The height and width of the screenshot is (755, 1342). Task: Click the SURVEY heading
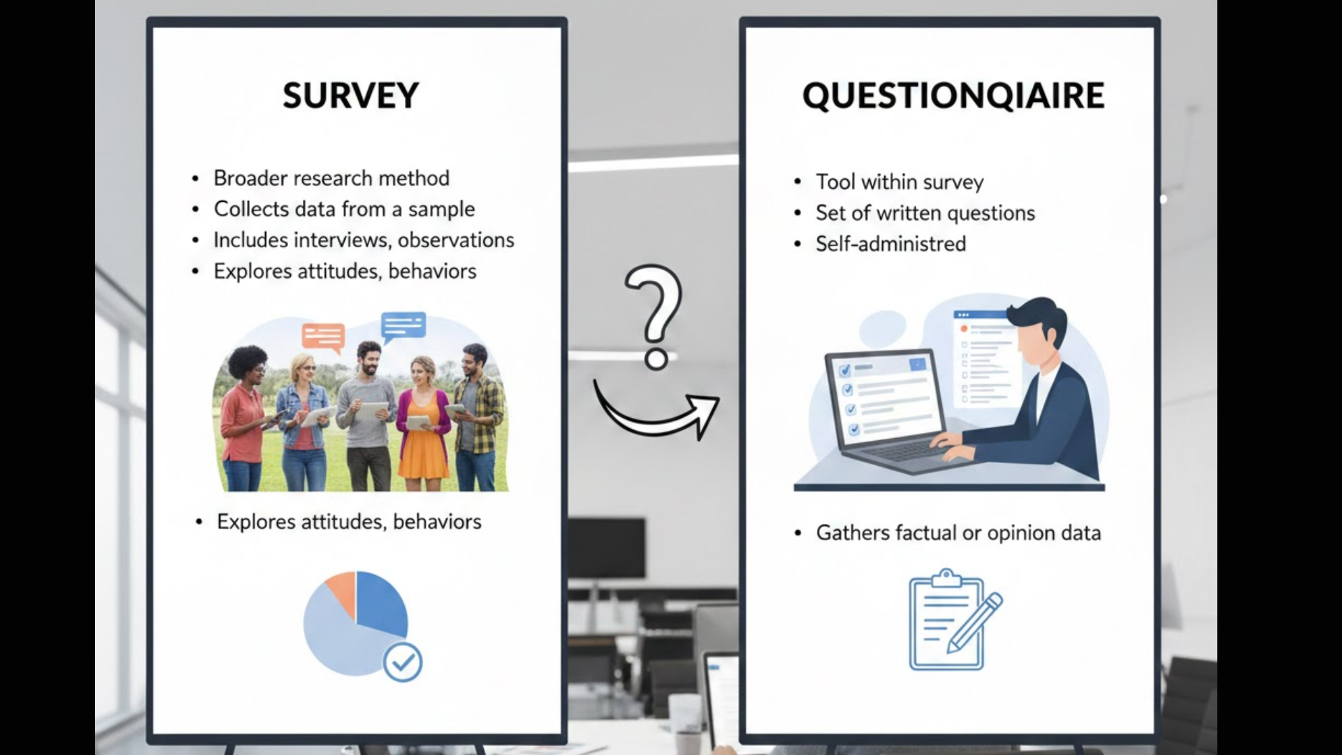(x=351, y=95)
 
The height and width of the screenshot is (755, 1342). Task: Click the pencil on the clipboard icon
(x=974, y=623)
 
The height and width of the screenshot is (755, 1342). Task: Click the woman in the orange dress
(x=423, y=427)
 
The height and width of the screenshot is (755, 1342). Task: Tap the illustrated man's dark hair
(x=1037, y=315)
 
